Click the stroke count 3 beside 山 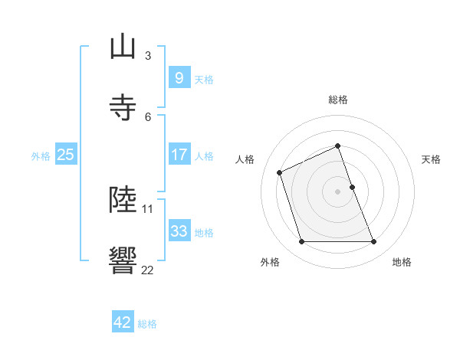(x=147, y=55)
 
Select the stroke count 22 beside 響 (x=147, y=270)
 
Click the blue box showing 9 (x=179, y=77)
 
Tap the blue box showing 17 (x=179, y=154)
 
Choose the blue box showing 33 (x=179, y=231)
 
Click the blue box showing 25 (x=65, y=154)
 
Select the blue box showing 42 (x=123, y=322)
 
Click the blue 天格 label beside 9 (x=204, y=79)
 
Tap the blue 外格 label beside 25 (x=41, y=155)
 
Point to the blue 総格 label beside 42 (x=147, y=324)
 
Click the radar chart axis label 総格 (x=337, y=100)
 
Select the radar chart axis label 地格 (x=402, y=262)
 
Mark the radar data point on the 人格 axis (x=280, y=172)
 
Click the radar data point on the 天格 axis (x=352, y=186)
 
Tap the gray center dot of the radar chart (x=337, y=191)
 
